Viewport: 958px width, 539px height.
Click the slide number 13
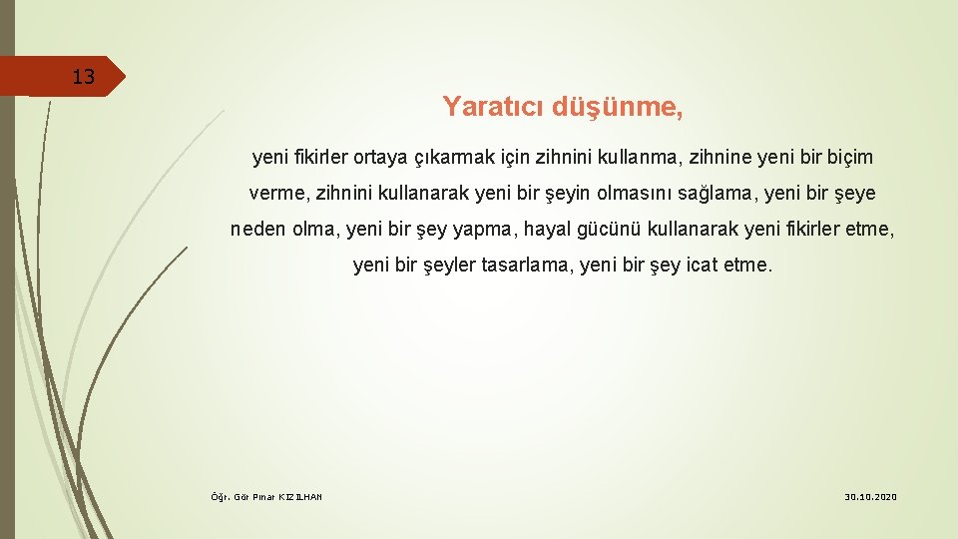point(83,77)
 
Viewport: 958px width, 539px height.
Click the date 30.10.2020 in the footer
point(871,497)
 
